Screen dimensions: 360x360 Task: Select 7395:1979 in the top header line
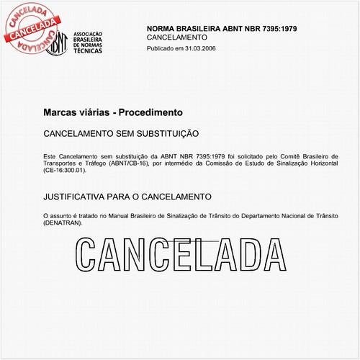coord(274,28)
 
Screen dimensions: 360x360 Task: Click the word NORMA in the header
coord(163,28)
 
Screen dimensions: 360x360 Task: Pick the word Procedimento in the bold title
coord(150,113)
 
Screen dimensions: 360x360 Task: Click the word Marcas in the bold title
coord(58,113)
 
